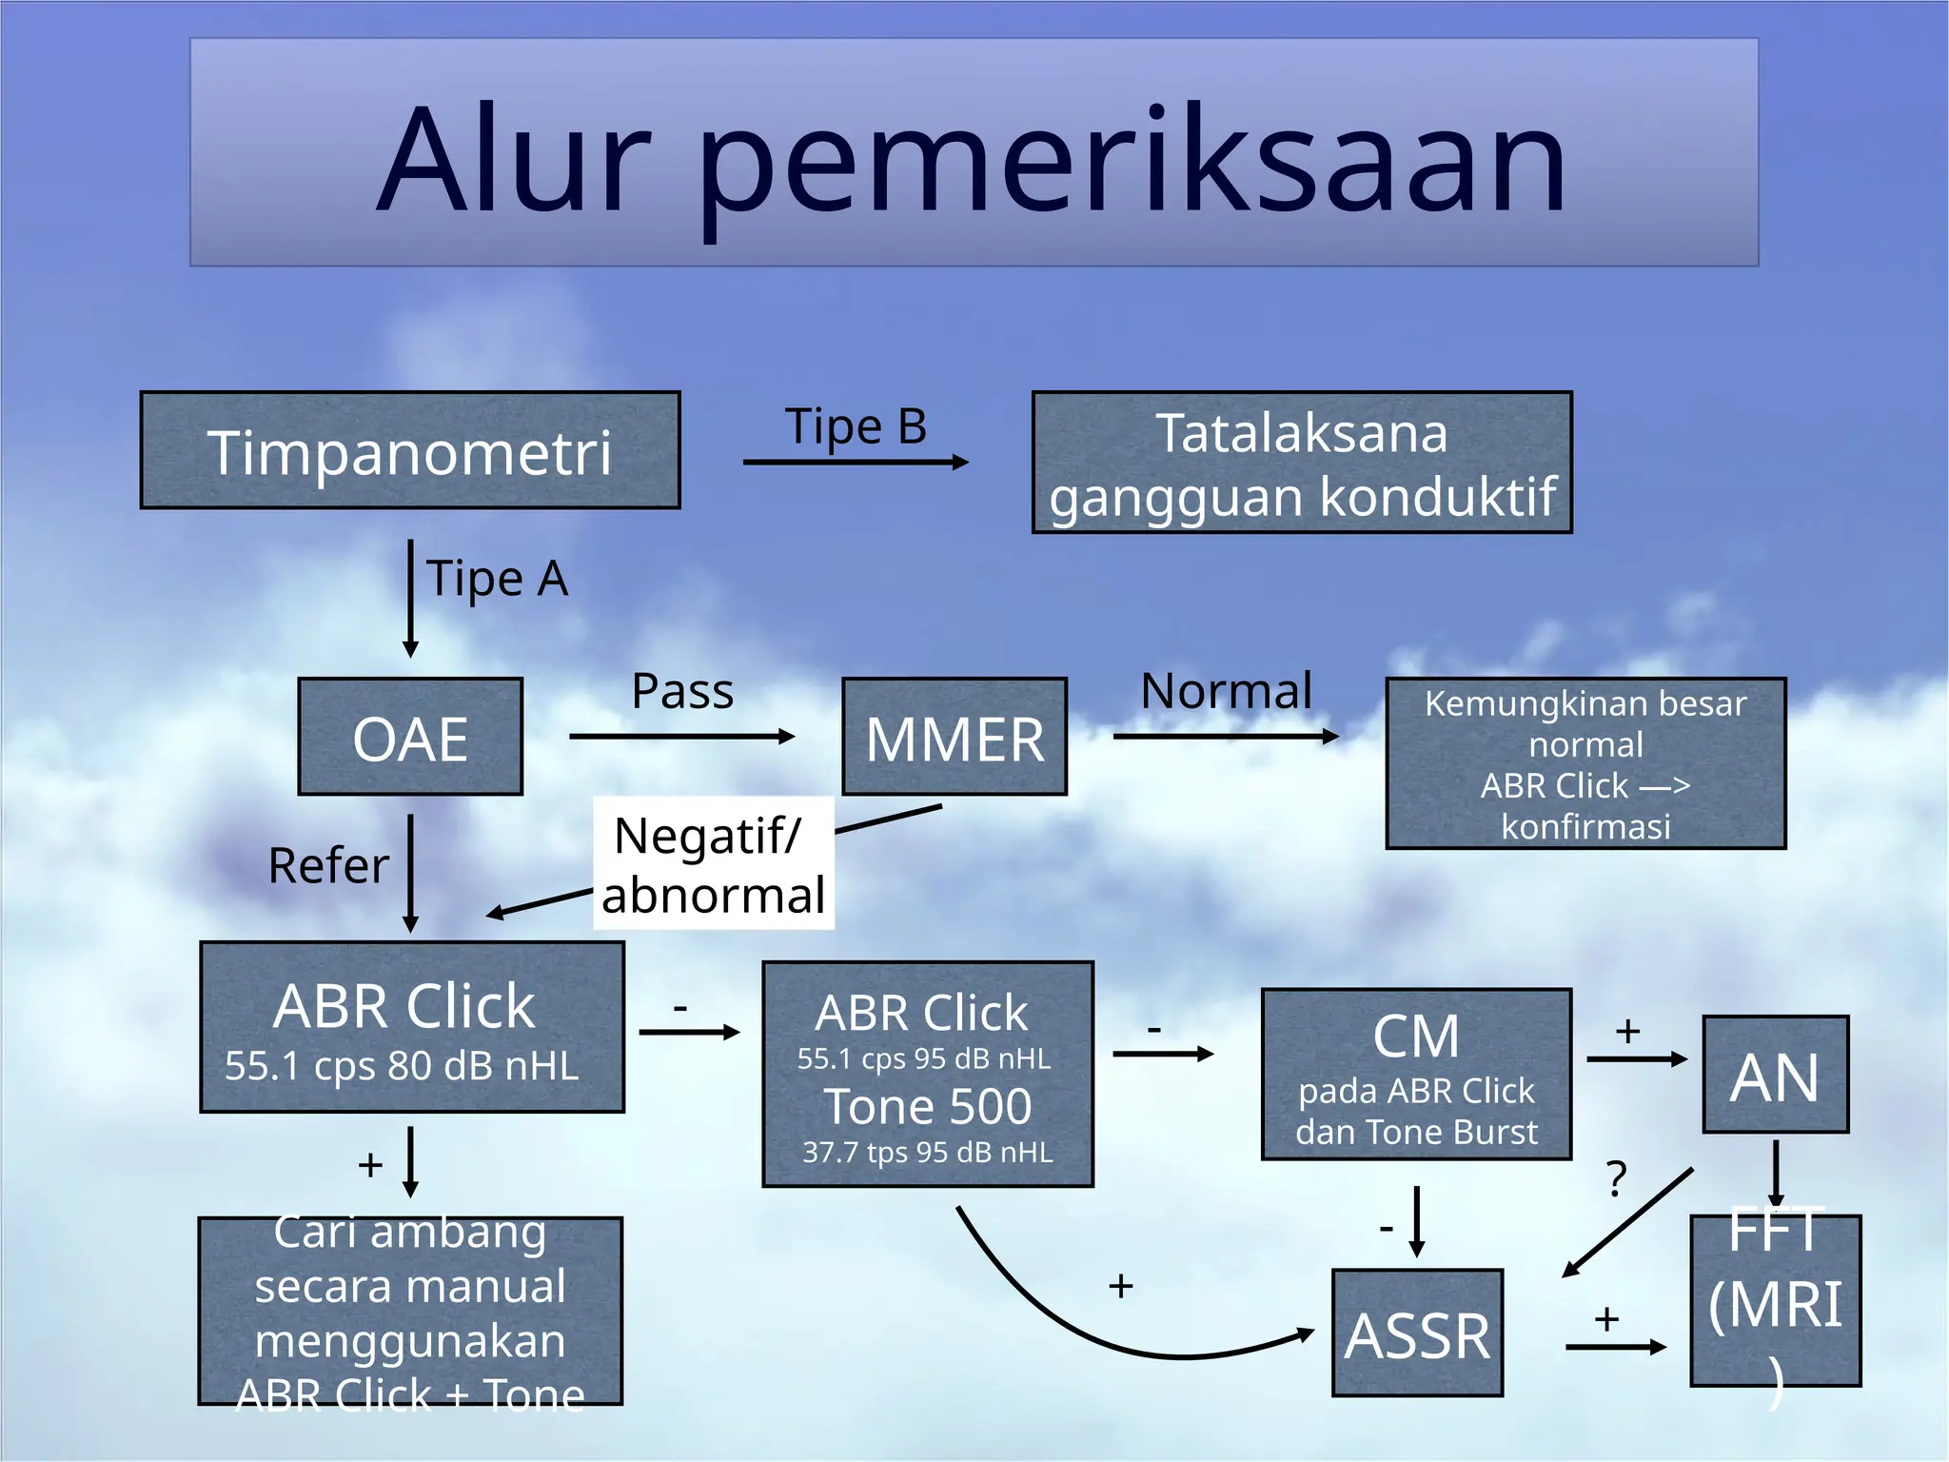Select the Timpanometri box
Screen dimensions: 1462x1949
coord(410,451)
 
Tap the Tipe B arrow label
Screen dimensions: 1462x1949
coord(855,426)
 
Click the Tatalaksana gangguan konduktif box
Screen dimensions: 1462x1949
coord(1301,464)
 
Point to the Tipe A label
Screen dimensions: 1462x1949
coord(497,579)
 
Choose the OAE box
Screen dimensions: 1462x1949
coord(410,738)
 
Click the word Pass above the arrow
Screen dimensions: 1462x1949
coord(682,691)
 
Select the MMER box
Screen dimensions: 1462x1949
coord(955,738)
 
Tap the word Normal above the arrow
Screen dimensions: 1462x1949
coord(1226,691)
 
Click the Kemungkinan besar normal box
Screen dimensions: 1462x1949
coord(1585,763)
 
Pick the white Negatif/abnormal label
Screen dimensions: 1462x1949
coord(714,864)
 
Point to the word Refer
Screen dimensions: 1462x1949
coord(328,866)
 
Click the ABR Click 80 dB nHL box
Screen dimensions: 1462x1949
coord(411,1028)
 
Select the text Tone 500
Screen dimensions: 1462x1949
coord(928,1107)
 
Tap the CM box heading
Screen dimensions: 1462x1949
coord(1415,1036)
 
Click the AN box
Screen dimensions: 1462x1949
coord(1775,1076)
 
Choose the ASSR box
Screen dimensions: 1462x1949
coord(1417,1334)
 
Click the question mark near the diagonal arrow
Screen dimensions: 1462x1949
coord(1616,1180)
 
